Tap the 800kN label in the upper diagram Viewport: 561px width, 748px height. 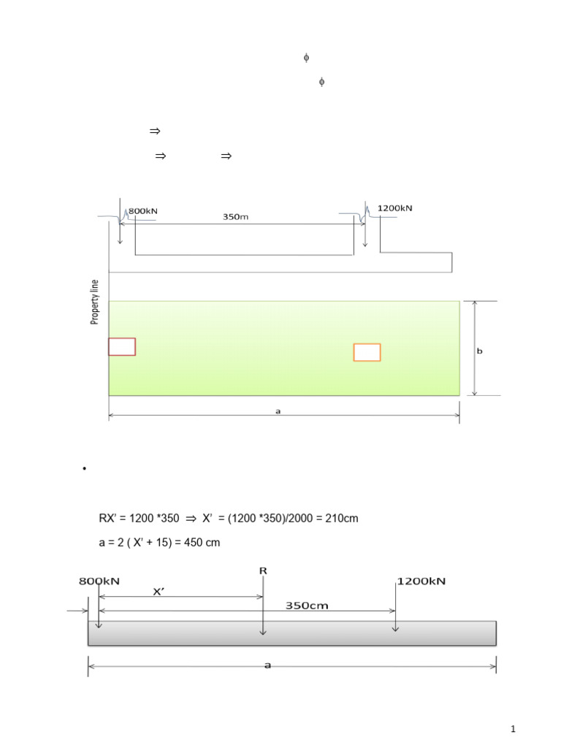point(142,211)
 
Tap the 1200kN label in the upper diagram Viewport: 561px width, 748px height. point(394,208)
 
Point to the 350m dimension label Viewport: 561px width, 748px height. point(236,216)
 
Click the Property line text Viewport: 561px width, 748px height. point(94,302)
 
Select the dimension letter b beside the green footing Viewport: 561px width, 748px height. point(479,351)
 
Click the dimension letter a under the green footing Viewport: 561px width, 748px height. point(278,411)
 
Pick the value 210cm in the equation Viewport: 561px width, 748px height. point(342,518)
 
